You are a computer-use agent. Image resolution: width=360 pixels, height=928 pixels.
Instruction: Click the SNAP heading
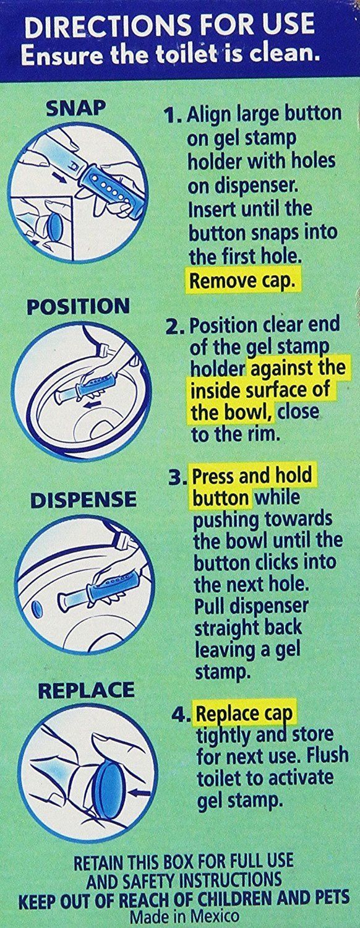pos(75,108)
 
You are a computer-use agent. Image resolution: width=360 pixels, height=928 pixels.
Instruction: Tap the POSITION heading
pos(78,306)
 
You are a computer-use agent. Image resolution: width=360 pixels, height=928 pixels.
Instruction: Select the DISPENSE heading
pos(83,499)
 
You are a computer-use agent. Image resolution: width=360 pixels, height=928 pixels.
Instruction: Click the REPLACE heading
pos(86,690)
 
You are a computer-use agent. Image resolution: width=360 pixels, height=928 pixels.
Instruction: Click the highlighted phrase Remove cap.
pos(242,281)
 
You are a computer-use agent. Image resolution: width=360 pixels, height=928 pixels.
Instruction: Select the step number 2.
pos(174,327)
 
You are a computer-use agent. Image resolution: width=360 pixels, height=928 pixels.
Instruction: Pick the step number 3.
pos(177,478)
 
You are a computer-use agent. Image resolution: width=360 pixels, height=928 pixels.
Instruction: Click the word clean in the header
pos(288,54)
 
